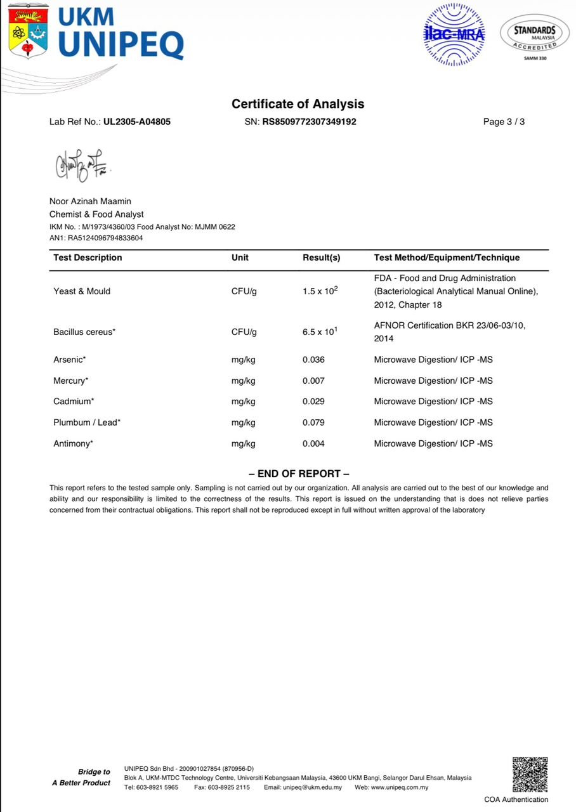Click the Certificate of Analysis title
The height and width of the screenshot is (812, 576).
(298, 104)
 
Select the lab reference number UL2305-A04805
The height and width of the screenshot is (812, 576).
(137, 122)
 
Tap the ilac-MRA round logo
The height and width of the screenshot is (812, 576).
(454, 34)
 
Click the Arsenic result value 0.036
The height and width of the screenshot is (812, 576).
(313, 360)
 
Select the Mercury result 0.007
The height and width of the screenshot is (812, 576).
(313, 381)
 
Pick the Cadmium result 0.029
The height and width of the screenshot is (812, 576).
(313, 402)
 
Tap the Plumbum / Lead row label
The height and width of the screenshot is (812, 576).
(87, 422)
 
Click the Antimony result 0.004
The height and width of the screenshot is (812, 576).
(313, 443)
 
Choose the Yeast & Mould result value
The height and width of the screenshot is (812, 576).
(320, 291)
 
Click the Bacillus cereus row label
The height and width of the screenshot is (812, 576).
(84, 332)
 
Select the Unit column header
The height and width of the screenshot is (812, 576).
(240, 258)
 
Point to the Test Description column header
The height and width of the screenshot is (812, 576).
(88, 258)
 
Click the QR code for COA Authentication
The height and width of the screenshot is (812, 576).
(530, 774)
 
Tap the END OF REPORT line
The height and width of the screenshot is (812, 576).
(299, 473)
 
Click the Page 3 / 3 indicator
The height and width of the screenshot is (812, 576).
(504, 122)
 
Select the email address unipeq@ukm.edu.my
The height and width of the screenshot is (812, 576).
(312, 787)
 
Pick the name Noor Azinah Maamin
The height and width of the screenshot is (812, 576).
(90, 201)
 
